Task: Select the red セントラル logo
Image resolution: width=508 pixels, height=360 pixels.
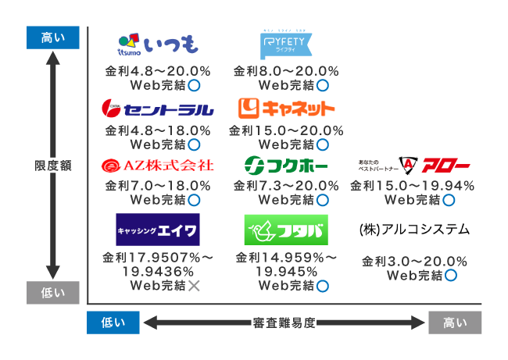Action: (156, 107)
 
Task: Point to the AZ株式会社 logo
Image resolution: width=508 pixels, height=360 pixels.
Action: (157, 166)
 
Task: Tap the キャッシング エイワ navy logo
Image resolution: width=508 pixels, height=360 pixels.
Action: (157, 230)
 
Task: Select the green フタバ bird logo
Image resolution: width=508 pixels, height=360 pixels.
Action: (287, 230)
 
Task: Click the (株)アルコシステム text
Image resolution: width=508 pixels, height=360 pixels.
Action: (414, 229)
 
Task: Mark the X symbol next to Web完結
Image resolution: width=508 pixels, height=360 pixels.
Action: (194, 286)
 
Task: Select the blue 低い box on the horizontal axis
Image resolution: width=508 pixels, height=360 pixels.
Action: (113, 323)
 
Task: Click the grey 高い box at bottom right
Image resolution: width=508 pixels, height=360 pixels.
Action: (455, 323)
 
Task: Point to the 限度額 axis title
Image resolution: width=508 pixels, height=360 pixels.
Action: (53, 165)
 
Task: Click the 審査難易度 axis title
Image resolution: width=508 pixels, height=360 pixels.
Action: (284, 323)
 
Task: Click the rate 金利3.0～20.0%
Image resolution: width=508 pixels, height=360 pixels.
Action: (414, 261)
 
